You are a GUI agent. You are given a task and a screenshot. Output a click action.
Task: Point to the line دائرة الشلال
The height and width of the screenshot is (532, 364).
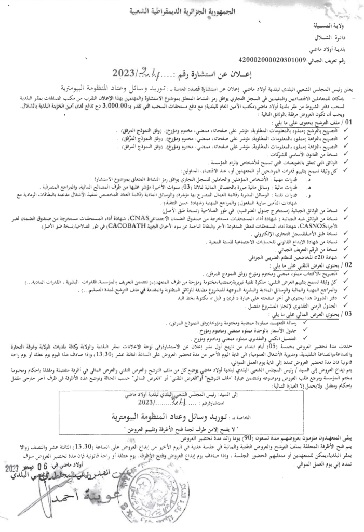pyautogui.click(x=335, y=38)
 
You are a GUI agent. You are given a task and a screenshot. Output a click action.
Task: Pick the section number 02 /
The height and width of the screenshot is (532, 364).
pyautogui.click(x=353, y=264)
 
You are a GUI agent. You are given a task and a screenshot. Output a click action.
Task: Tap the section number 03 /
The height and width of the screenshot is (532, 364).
pyautogui.click(x=353, y=314)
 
